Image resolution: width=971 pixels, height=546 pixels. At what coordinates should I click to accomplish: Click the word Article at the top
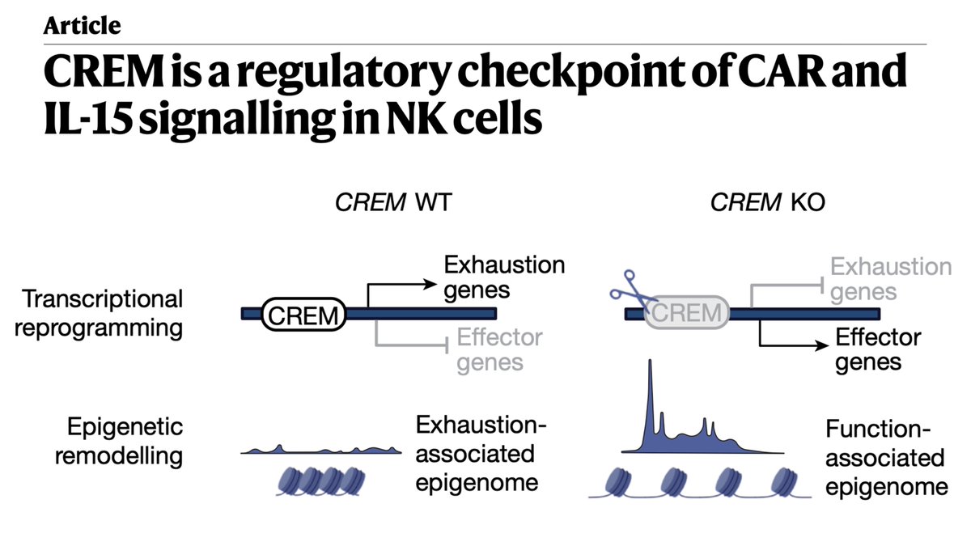coord(82,25)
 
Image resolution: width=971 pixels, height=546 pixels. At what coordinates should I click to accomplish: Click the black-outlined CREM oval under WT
coord(302,314)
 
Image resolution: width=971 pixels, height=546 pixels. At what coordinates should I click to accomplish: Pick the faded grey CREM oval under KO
coord(685,312)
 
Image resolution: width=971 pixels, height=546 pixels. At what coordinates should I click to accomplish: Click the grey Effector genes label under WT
coord(499,349)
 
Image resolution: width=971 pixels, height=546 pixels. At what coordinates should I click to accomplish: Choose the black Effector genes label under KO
coord(878,349)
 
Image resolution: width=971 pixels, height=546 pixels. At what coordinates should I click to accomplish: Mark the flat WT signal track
coord(322,450)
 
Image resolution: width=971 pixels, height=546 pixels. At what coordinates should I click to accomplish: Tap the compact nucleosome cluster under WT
coord(319,480)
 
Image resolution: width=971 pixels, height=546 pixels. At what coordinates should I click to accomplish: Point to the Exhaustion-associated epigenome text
coord(477,454)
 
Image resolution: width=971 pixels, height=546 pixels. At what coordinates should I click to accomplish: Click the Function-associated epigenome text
coord(885,458)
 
